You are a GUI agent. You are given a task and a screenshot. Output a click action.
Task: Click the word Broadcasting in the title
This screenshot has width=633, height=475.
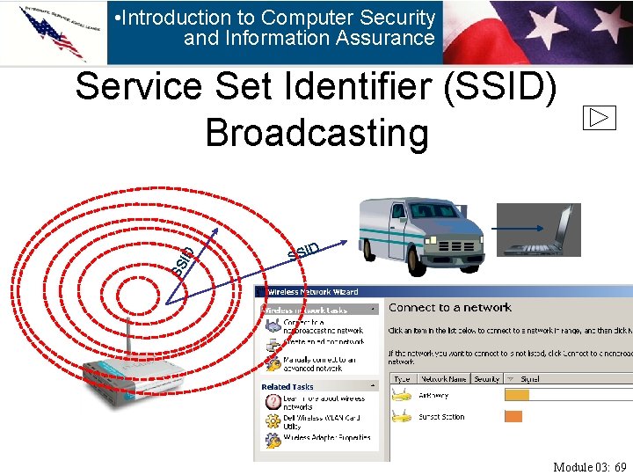point(316,133)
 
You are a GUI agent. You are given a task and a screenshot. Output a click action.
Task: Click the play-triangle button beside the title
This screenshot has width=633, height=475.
point(599,118)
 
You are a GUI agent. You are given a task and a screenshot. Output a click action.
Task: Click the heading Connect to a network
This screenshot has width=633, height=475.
point(449,307)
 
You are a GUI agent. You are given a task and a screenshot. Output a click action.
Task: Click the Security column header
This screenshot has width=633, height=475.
point(486,378)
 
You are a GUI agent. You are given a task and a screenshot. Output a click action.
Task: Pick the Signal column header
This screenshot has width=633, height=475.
point(530,378)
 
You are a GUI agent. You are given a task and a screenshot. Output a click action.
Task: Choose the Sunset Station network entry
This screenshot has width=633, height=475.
point(441,417)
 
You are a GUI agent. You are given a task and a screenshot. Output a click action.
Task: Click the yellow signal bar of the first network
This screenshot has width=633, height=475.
point(517,396)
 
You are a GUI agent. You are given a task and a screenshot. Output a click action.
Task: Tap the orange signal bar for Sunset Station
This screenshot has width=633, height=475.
point(513,417)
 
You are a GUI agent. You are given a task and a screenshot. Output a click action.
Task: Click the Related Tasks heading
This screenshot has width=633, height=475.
point(287,386)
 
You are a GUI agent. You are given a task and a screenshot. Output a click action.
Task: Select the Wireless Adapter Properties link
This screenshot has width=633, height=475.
point(327,437)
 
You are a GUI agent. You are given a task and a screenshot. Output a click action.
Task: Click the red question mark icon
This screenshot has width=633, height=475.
point(273,401)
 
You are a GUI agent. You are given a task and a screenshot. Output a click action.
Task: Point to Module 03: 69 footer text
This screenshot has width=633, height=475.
point(589,466)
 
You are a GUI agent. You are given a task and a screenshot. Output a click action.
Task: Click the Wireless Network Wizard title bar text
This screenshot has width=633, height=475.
point(313,291)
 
